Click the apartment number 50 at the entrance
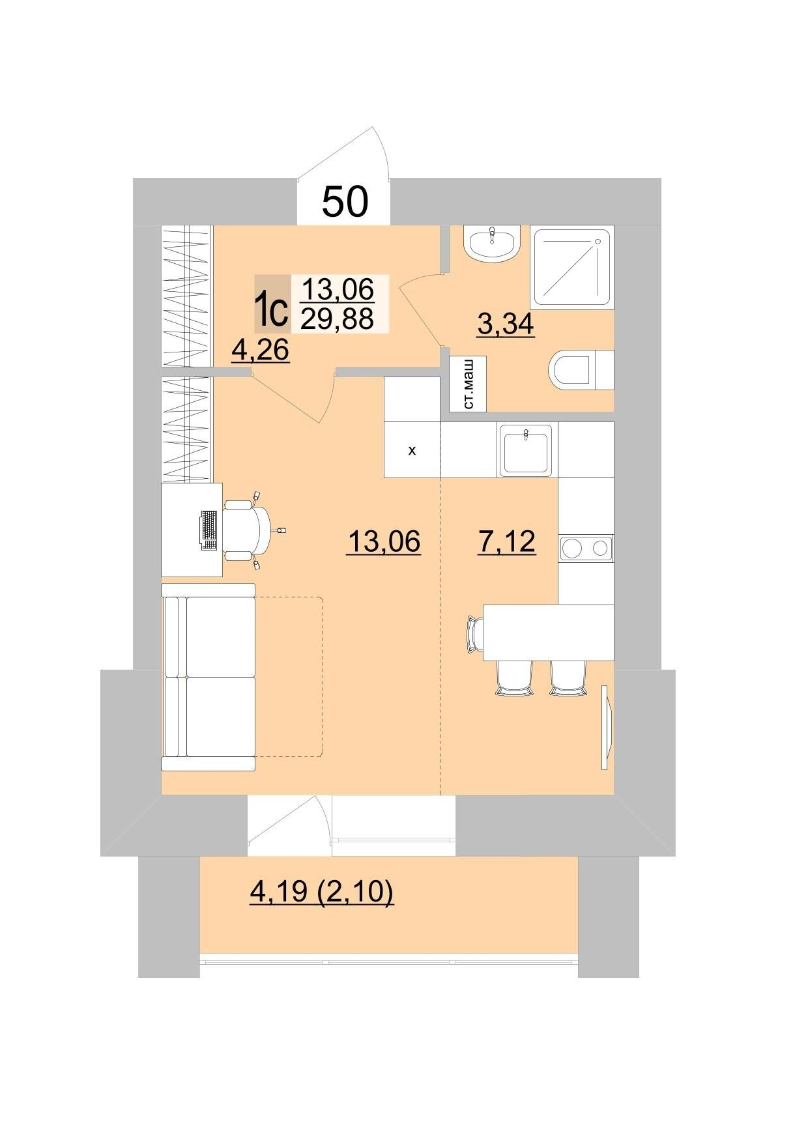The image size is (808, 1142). click(x=345, y=201)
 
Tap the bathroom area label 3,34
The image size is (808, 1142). click(x=506, y=324)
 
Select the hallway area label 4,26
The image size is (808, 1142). click(x=260, y=350)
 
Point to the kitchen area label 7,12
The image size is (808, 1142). click(x=507, y=541)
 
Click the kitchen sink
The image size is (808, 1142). click(x=527, y=450)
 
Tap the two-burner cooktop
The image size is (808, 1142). click(x=586, y=548)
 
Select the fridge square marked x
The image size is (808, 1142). click(x=412, y=450)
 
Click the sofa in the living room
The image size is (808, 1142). click(x=209, y=677)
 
